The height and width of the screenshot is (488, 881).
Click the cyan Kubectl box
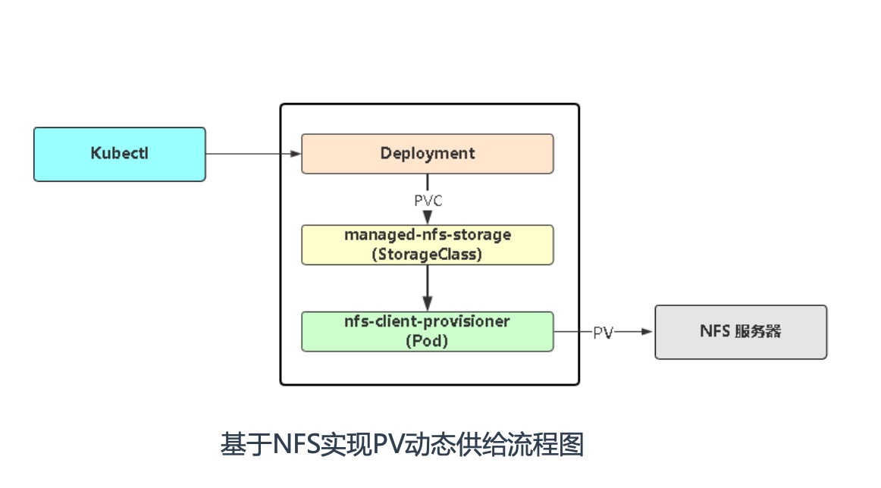point(120,154)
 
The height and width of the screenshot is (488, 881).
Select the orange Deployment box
point(428,153)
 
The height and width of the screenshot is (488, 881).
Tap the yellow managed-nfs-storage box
point(428,244)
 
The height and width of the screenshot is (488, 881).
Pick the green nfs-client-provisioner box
point(428,331)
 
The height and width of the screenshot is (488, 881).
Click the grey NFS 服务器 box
point(741,332)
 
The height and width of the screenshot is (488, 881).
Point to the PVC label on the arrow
point(428,201)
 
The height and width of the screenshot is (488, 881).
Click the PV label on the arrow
point(603,333)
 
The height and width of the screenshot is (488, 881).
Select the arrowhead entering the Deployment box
point(296,154)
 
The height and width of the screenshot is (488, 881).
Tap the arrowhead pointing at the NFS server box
point(648,332)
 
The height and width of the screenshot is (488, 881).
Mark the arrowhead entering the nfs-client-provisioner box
point(428,305)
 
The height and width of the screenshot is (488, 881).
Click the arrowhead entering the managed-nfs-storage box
point(428,218)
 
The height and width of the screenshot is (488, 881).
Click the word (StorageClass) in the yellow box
point(428,255)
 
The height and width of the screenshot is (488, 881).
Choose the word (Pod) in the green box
point(428,342)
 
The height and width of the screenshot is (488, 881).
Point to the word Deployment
point(428,153)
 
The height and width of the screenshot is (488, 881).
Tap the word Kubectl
point(120,154)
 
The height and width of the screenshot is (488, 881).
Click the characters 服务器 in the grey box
point(757,332)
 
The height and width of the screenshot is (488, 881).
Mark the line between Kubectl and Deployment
point(250,154)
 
